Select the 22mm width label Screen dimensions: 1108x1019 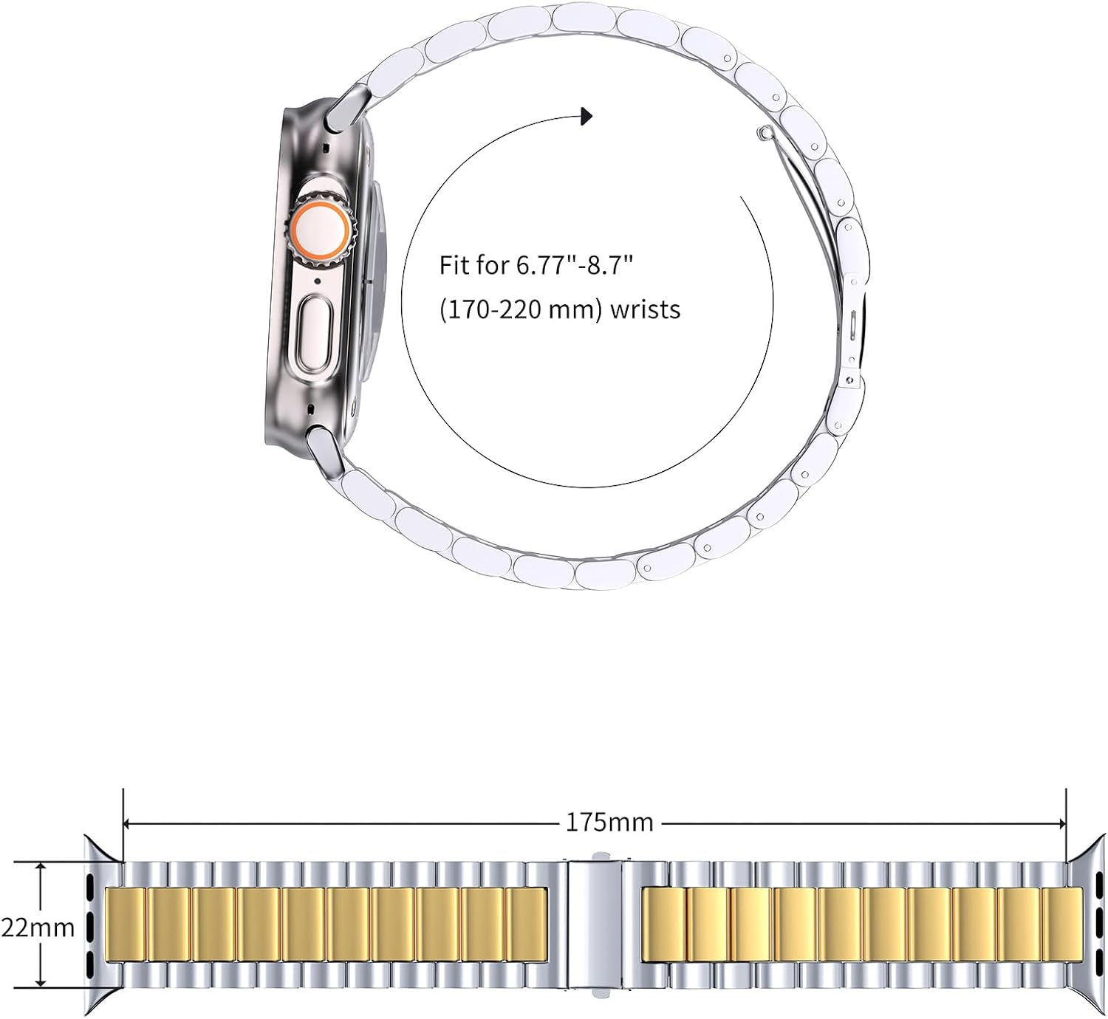38,927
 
